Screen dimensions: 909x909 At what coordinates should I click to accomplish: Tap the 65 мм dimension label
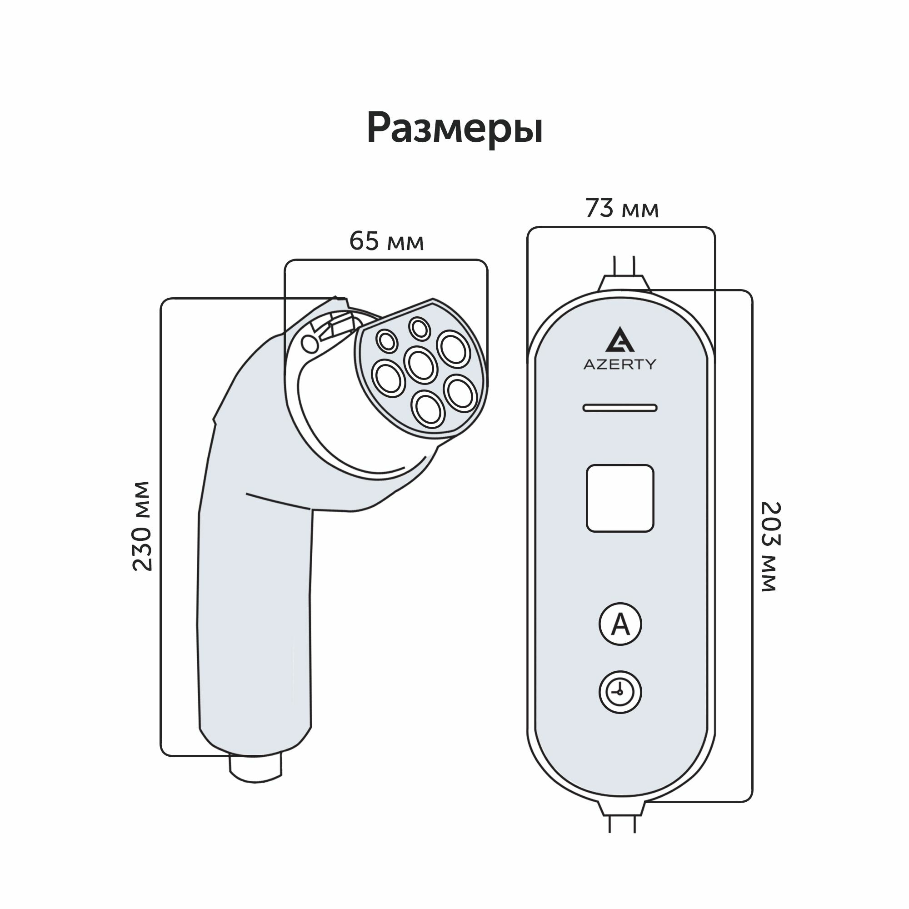tap(386, 242)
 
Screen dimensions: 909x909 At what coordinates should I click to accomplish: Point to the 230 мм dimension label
tap(142, 526)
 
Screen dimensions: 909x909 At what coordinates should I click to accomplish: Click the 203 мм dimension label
tap(770, 546)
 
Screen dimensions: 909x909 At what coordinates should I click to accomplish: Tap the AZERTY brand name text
tap(619, 364)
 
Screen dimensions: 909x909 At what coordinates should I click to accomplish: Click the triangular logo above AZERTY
tap(619, 340)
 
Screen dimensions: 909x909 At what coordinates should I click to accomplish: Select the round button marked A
tap(620, 624)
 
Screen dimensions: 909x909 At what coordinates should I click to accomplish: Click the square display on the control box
tap(619, 498)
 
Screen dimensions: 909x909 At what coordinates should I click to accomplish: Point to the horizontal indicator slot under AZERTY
tap(619, 408)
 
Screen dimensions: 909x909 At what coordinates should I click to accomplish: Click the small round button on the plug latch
tap(310, 344)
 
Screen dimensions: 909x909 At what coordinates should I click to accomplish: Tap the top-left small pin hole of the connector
tap(388, 340)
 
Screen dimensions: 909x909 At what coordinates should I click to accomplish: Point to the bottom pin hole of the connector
tap(428, 409)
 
